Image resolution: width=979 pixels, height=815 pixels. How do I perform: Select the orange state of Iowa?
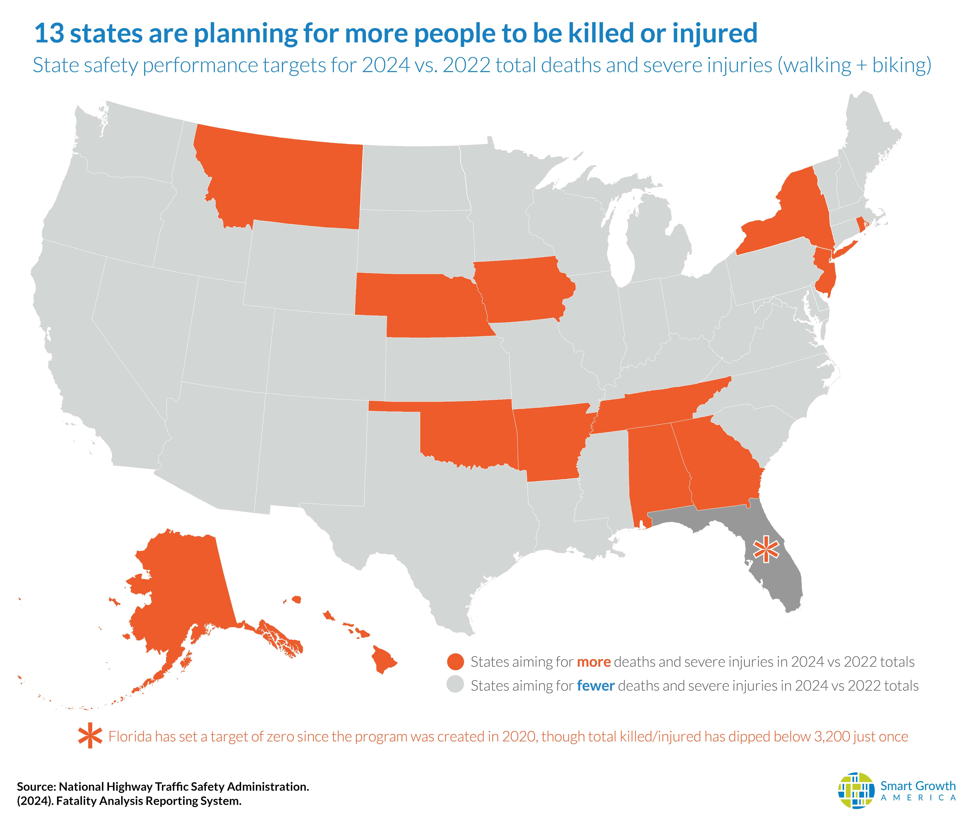(x=520, y=289)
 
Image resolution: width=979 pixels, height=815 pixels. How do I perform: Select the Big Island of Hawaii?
(x=383, y=659)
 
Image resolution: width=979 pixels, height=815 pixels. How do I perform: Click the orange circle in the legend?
(x=455, y=662)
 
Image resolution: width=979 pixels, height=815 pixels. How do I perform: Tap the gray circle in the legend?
(x=455, y=685)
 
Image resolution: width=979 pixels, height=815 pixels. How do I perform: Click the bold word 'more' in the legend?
(x=594, y=662)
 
